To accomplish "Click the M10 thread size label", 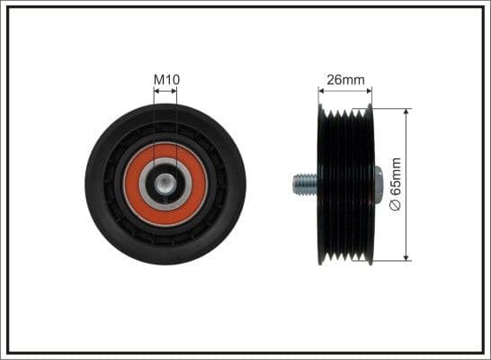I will pos(166,79).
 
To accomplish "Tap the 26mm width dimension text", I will pos(345,79).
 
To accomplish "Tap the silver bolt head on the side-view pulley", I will pos(377,184).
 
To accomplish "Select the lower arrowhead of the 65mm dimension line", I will pos(407,257).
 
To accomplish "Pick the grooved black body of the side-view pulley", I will pos(346,184).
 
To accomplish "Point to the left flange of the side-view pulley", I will pos(321,184).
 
